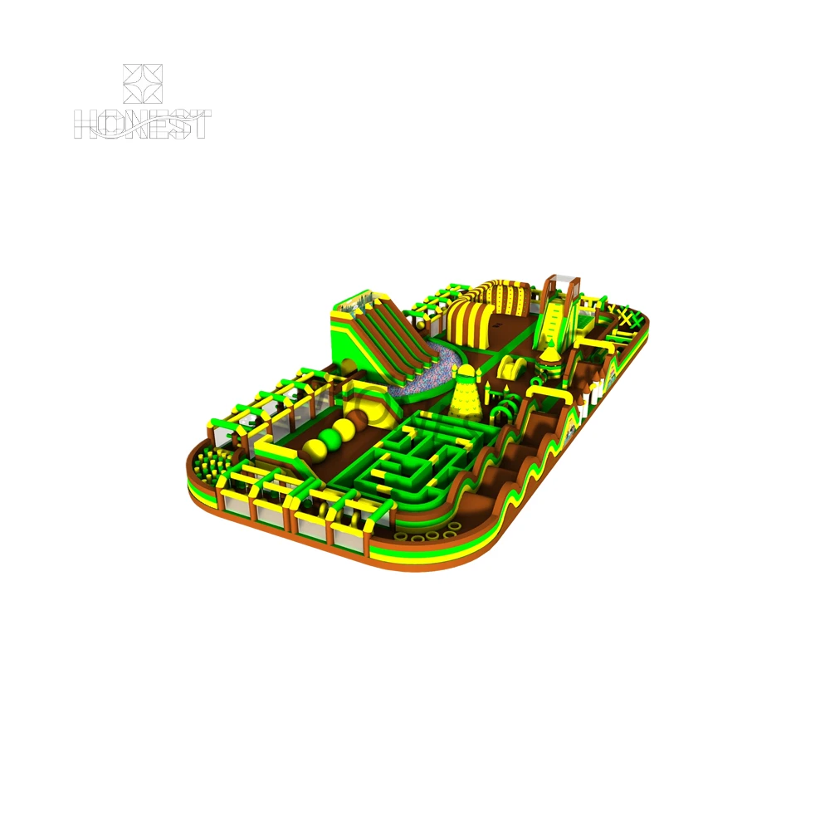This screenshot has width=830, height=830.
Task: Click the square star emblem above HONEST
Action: tap(143, 84)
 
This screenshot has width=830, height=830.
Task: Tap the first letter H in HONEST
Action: tap(85, 125)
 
